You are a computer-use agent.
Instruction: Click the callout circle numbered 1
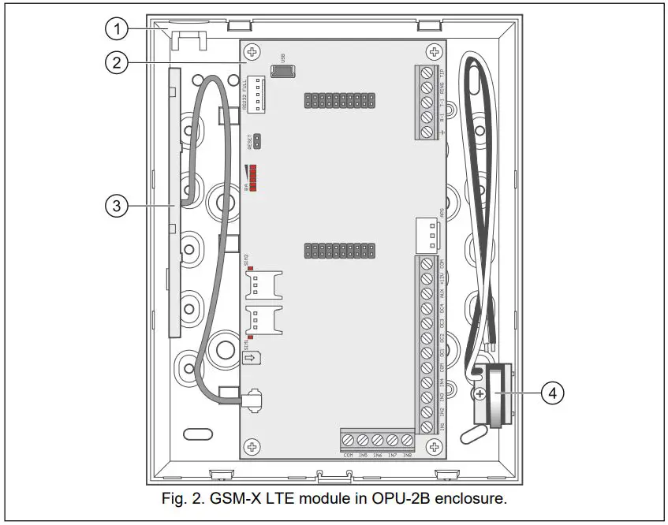(x=118, y=30)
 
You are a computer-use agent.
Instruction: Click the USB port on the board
(x=282, y=71)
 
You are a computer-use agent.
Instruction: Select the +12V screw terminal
(x=427, y=278)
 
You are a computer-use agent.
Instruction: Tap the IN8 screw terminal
(x=407, y=441)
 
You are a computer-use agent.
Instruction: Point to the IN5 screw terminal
(x=363, y=441)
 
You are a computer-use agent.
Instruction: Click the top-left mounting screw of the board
(x=252, y=53)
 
